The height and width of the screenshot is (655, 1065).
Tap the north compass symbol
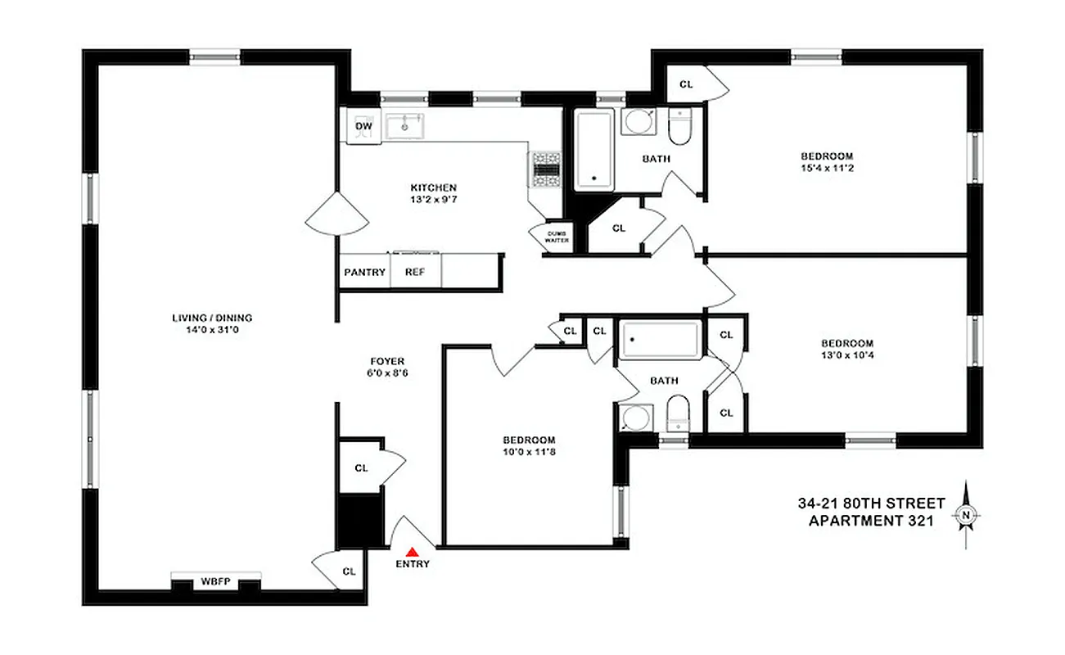pos(966,515)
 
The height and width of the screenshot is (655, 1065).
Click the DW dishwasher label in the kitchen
pos(363,126)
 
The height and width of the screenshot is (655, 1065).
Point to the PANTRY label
pos(364,273)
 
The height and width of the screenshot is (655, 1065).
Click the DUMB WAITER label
pos(558,237)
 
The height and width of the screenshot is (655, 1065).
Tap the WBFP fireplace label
pos(215,583)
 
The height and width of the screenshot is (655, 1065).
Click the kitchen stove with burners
pos(545,169)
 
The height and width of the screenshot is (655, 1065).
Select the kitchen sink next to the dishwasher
pos(404,126)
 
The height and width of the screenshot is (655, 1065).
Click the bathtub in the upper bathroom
pos(593,150)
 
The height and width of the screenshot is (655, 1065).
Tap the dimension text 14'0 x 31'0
pos(212,330)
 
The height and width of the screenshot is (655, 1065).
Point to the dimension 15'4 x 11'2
pos(826,168)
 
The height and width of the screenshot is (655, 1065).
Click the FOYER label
pos(387,361)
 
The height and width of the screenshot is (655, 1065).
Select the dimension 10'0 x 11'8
pos(530,451)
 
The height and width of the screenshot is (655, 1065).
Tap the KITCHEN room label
pos(433,187)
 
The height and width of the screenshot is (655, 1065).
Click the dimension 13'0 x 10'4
pos(847,355)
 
